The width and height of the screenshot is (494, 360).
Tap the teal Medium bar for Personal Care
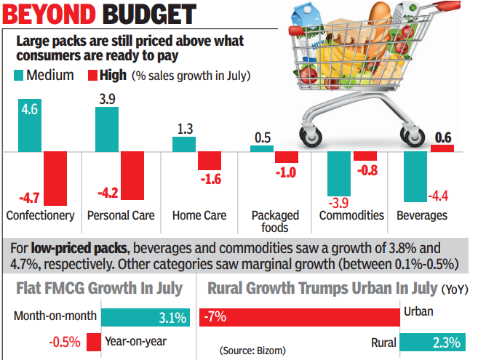tap(108, 129)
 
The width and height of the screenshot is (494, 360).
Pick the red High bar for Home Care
tap(210, 161)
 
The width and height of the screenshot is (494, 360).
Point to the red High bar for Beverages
tap(442, 148)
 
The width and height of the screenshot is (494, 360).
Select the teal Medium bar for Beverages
tap(415, 177)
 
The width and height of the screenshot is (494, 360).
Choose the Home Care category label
tap(199, 215)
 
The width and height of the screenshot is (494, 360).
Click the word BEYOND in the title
tap(51, 14)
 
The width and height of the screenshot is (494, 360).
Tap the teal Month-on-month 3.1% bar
tap(146, 316)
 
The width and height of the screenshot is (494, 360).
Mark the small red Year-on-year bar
tap(94, 342)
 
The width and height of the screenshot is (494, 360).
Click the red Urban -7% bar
tap(305, 316)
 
